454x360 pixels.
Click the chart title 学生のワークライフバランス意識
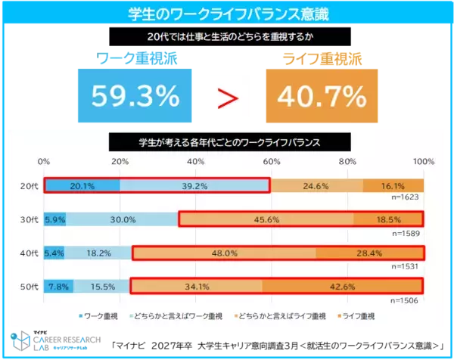click(227, 14)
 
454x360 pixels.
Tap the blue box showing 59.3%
click(135, 96)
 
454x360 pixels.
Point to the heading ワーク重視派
click(136, 57)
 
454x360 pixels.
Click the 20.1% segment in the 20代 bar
click(82, 186)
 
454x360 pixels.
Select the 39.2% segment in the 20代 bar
click(194, 186)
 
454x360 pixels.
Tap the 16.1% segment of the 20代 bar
click(393, 186)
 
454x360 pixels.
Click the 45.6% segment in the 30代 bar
click(266, 219)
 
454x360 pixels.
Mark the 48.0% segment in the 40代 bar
click(224, 253)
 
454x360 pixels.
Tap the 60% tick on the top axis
click(272, 162)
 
